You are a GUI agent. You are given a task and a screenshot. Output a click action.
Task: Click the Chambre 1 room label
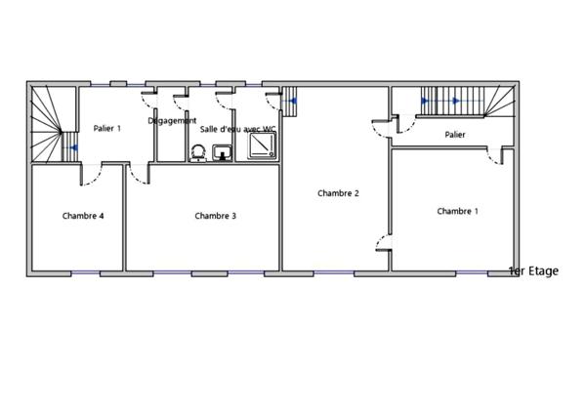click(x=457, y=211)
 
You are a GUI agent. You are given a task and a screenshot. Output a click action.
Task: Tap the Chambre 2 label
click(x=339, y=193)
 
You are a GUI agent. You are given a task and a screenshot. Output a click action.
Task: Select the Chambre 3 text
click(x=215, y=216)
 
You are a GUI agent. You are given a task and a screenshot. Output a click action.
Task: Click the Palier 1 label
click(x=106, y=128)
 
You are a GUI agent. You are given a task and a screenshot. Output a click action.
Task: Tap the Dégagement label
click(x=172, y=120)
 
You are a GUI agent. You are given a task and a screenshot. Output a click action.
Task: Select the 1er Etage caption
click(x=533, y=270)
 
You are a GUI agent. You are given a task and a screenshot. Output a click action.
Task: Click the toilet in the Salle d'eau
click(x=197, y=152)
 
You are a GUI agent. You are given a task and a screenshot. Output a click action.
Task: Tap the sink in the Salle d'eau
click(x=222, y=151)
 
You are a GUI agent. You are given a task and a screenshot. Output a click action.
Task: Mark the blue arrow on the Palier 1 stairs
click(x=73, y=148)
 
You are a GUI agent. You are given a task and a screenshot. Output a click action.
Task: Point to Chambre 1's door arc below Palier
click(x=493, y=156)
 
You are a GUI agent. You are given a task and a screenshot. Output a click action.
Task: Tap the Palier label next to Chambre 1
click(x=454, y=135)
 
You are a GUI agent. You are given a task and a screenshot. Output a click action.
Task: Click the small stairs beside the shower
click(x=290, y=99)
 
